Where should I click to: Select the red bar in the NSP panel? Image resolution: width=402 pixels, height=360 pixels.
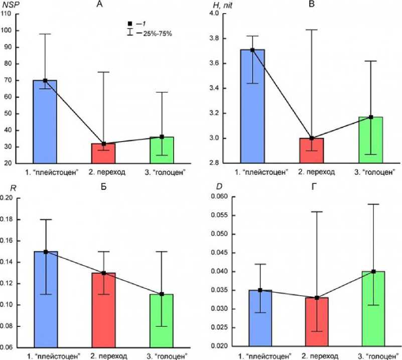tap(103, 153)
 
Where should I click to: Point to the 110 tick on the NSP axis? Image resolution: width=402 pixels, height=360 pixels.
tap(7, 14)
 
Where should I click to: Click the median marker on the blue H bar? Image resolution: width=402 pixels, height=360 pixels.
tap(252, 50)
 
